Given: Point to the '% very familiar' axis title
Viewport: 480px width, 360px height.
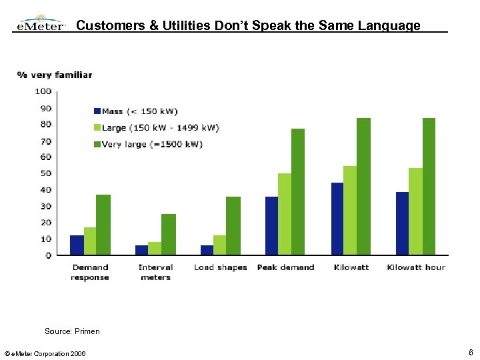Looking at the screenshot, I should coord(55,75).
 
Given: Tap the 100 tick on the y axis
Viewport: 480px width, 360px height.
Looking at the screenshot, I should coord(43,91).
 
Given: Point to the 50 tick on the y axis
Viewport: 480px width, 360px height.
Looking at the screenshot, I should coord(45,173).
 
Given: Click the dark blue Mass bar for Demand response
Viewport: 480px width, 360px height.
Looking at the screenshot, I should coord(77,245).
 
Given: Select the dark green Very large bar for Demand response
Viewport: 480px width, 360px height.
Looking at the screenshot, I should coord(103,225).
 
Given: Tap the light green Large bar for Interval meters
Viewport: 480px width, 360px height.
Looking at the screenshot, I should coord(155,248).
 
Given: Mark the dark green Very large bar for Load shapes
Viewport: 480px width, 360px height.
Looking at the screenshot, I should coord(233,225).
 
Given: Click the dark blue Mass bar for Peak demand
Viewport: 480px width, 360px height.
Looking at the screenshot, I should coord(271,225).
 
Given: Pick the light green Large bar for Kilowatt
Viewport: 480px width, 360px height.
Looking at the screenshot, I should coord(350,210).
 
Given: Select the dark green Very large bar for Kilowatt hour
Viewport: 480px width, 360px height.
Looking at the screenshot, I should coord(429,186).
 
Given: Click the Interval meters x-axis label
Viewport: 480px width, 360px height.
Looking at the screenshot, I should coord(155,272).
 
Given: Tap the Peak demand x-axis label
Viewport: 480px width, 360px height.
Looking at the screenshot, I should coord(285,267).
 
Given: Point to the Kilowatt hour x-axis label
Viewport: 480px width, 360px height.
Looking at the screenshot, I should coord(416,267).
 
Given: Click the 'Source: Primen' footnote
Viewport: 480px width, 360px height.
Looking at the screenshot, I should coord(72,331).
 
